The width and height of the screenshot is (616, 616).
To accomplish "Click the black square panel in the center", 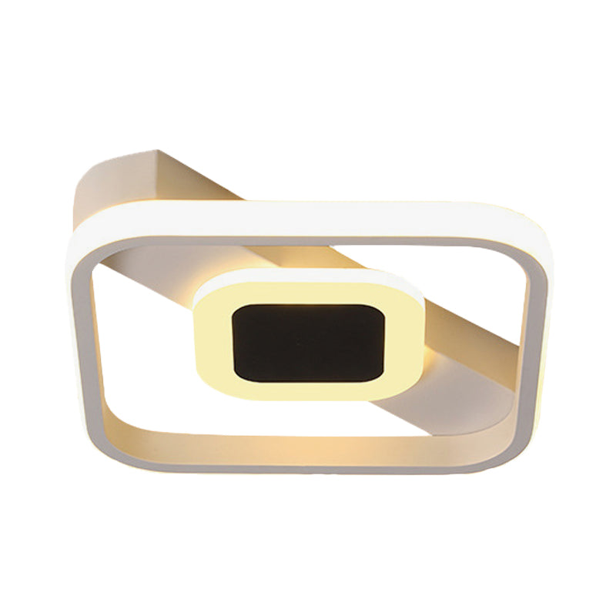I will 308,343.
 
